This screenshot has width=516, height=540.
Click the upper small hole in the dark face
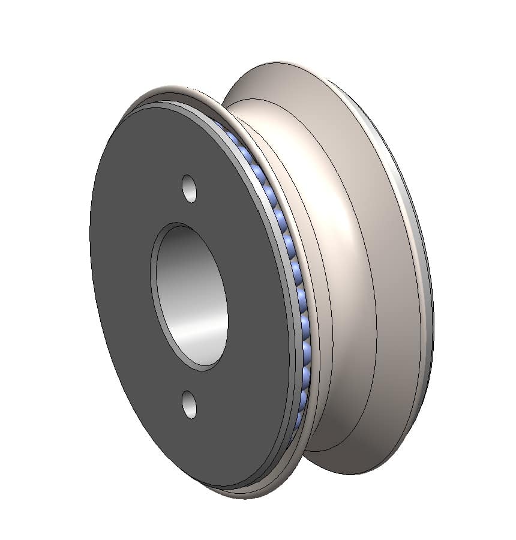pos(190,188)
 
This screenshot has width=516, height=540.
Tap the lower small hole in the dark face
pos(190,403)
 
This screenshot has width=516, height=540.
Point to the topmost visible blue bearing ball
pos(231,137)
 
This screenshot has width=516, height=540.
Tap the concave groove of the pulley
pos(324,270)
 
